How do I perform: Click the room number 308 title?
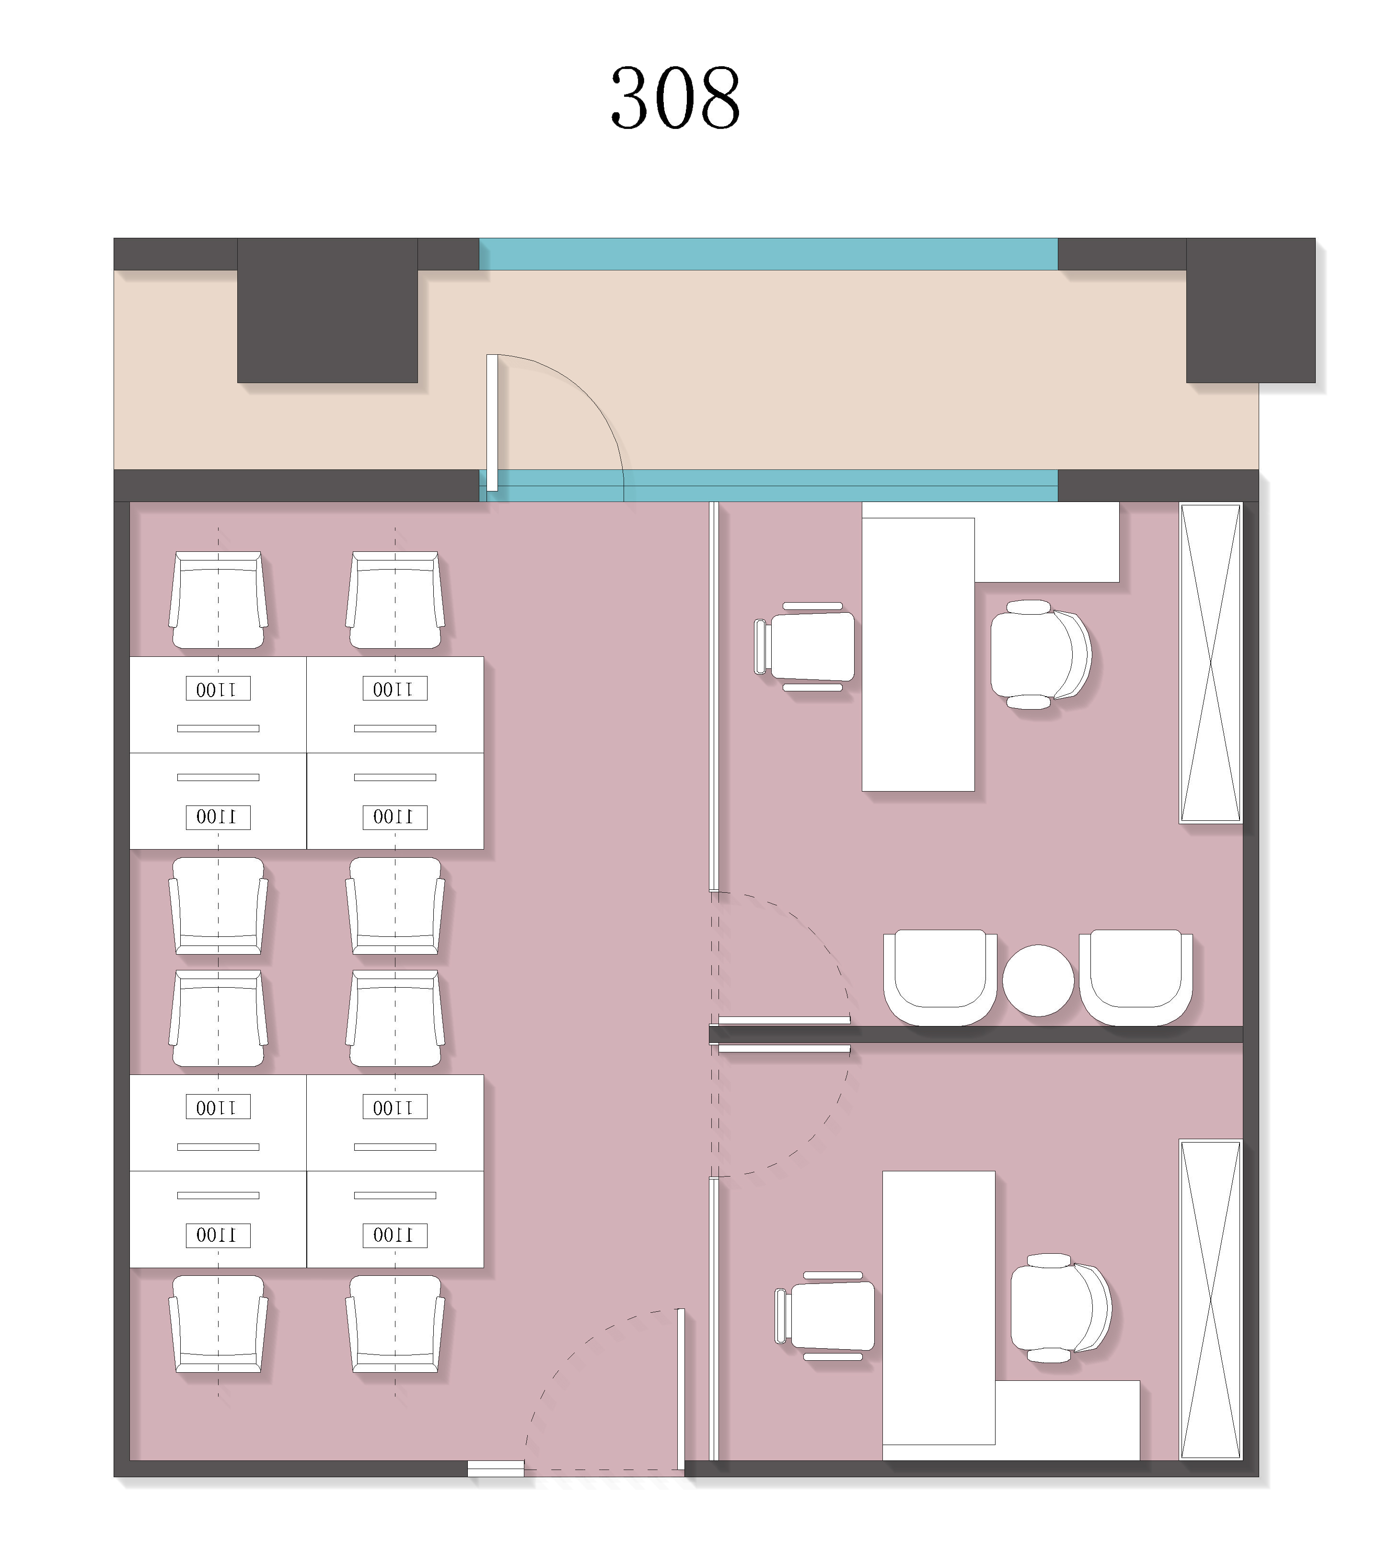[x=675, y=98]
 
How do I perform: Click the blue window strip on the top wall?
[x=768, y=254]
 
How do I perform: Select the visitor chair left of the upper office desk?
[x=804, y=647]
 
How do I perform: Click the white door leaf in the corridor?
[x=492, y=422]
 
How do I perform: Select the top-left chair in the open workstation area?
[x=219, y=600]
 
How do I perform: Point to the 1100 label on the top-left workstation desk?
[x=218, y=689]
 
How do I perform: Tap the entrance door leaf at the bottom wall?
[x=681, y=1389]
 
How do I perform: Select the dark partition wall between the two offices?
[x=975, y=1034]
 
